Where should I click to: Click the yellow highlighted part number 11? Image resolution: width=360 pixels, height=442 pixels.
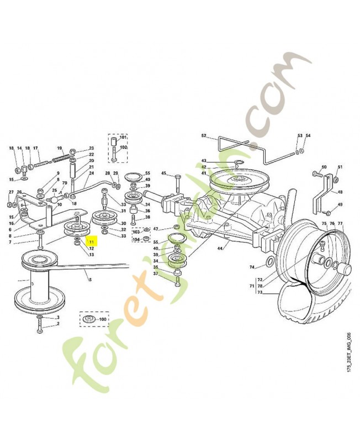click(x=91, y=241)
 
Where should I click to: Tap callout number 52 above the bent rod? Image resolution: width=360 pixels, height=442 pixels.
click(x=204, y=136)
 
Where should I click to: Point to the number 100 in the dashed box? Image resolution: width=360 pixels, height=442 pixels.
click(x=103, y=319)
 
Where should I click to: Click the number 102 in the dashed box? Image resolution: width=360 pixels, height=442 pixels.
click(x=123, y=148)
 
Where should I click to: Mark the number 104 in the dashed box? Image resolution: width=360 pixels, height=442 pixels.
click(x=136, y=239)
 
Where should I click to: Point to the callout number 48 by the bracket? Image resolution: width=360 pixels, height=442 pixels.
click(x=340, y=192)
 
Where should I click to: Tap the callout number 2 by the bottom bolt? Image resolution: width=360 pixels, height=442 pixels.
click(x=57, y=324)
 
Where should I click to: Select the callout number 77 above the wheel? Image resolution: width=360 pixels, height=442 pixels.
click(x=340, y=224)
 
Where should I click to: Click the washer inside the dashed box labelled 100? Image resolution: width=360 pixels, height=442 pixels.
click(x=88, y=319)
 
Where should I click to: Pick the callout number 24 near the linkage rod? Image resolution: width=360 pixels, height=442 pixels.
click(x=92, y=173)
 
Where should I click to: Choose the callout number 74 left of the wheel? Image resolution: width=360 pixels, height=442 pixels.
click(x=252, y=267)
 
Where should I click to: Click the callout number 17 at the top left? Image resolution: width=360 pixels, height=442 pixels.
click(x=35, y=148)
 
